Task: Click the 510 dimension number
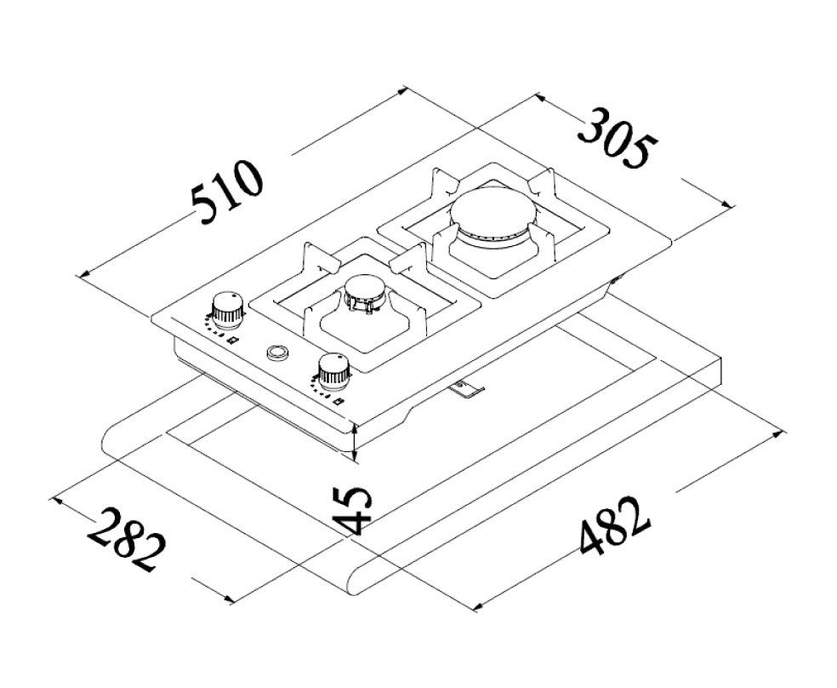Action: [x=228, y=192]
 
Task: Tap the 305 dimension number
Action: [x=619, y=138]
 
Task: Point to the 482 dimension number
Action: [x=615, y=526]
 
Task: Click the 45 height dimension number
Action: [x=350, y=510]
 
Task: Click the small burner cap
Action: [x=365, y=292]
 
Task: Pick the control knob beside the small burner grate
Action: [x=333, y=370]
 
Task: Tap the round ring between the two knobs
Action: [x=277, y=352]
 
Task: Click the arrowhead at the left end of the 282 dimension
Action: [x=54, y=500]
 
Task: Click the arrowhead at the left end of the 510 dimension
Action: [x=83, y=274]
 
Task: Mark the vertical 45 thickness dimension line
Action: [x=356, y=441]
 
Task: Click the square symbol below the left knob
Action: [x=231, y=341]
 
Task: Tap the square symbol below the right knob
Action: [x=338, y=401]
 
